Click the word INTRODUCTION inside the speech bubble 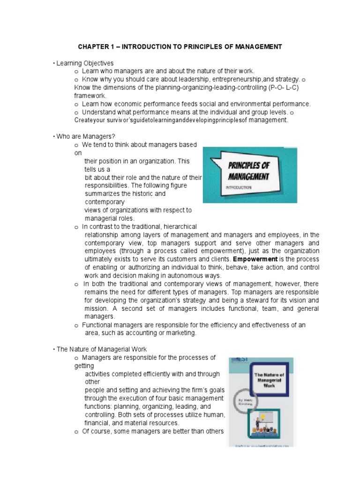(x=240, y=187)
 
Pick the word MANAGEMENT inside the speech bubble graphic (x=248, y=177)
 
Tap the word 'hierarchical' (x=177, y=227)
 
